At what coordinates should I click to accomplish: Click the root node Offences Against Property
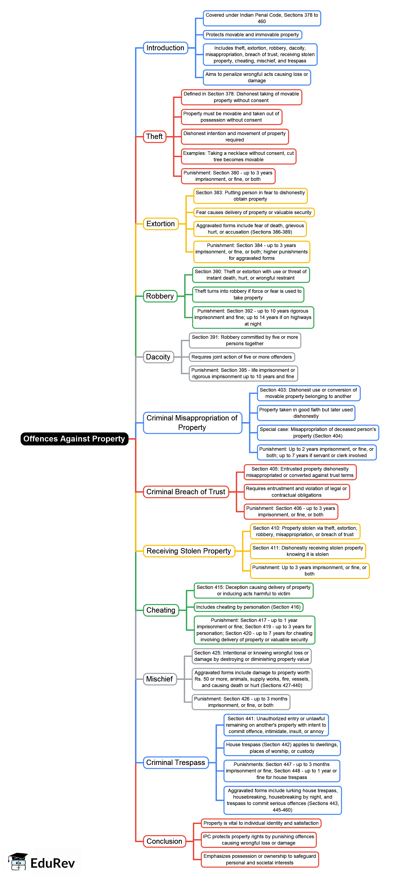click(x=74, y=439)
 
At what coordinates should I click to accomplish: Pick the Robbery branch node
click(x=160, y=296)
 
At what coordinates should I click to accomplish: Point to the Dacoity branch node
click(x=158, y=357)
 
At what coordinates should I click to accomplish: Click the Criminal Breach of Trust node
click(x=186, y=492)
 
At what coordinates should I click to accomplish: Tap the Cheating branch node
click(x=161, y=610)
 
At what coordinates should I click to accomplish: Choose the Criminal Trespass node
click(x=175, y=763)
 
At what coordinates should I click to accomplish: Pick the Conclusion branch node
click(x=164, y=841)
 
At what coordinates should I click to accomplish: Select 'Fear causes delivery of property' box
click(x=254, y=212)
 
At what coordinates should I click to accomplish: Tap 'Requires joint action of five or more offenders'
click(x=242, y=357)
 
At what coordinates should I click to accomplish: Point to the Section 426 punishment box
click(x=241, y=702)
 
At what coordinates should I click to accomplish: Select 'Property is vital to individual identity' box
click(x=261, y=823)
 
